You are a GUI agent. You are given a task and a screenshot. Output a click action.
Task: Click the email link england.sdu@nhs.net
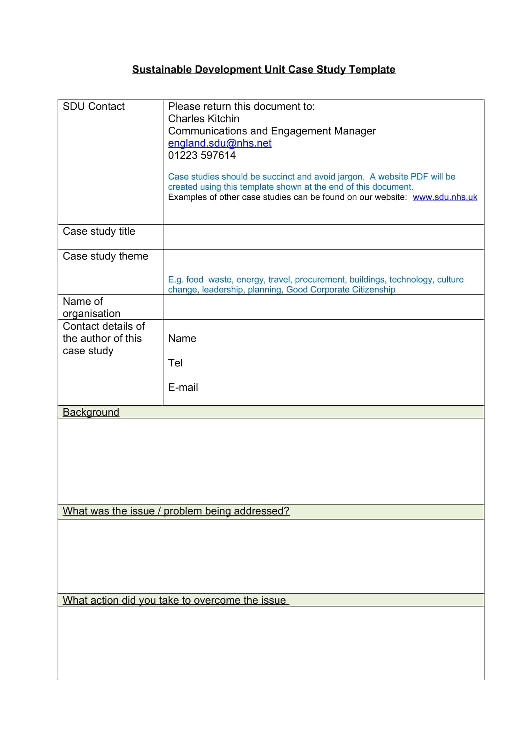click(219, 143)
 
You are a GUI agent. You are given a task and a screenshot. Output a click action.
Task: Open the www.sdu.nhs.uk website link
click(445, 197)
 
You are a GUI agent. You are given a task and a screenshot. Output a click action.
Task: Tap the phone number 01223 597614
click(201, 155)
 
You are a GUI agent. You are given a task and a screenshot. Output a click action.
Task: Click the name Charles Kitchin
click(204, 119)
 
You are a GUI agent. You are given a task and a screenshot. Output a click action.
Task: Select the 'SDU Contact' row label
click(94, 107)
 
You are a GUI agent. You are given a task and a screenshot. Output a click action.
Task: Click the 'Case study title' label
click(99, 231)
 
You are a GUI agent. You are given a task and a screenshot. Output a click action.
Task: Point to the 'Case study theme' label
click(105, 256)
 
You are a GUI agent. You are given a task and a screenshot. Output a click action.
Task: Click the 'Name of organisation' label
click(91, 307)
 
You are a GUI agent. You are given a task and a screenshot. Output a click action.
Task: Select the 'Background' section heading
click(91, 412)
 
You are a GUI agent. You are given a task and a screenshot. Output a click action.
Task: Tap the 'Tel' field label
click(175, 363)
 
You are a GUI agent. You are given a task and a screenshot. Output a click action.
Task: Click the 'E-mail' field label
click(183, 387)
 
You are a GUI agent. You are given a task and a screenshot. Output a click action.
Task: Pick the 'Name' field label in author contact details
click(182, 339)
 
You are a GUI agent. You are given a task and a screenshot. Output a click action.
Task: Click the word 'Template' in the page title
click(372, 70)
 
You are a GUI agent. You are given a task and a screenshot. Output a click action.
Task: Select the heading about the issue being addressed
click(176, 511)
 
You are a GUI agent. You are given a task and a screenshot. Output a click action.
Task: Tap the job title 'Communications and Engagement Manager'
click(272, 131)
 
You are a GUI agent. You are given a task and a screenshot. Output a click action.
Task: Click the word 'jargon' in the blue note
click(350, 177)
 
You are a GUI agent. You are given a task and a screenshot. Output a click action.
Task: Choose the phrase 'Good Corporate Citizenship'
click(340, 290)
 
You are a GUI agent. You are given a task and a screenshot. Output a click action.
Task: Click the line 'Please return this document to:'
click(241, 107)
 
